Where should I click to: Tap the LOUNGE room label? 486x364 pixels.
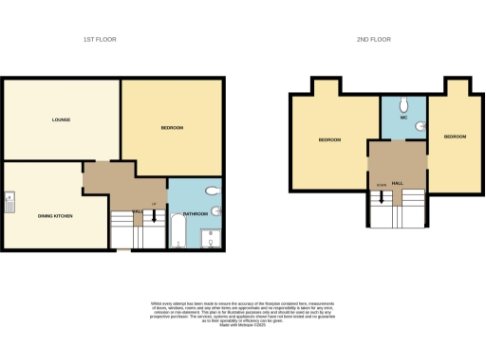[x=62, y=119]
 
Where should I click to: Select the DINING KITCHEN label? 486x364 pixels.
[x=55, y=215]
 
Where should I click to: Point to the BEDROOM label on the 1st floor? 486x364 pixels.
[x=171, y=128]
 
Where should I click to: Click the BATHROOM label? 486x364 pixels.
[x=195, y=214]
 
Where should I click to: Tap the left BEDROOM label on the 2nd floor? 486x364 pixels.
[x=329, y=139]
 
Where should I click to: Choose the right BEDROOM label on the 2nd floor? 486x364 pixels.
[x=454, y=136]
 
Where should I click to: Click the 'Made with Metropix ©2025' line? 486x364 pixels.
[x=243, y=326]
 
